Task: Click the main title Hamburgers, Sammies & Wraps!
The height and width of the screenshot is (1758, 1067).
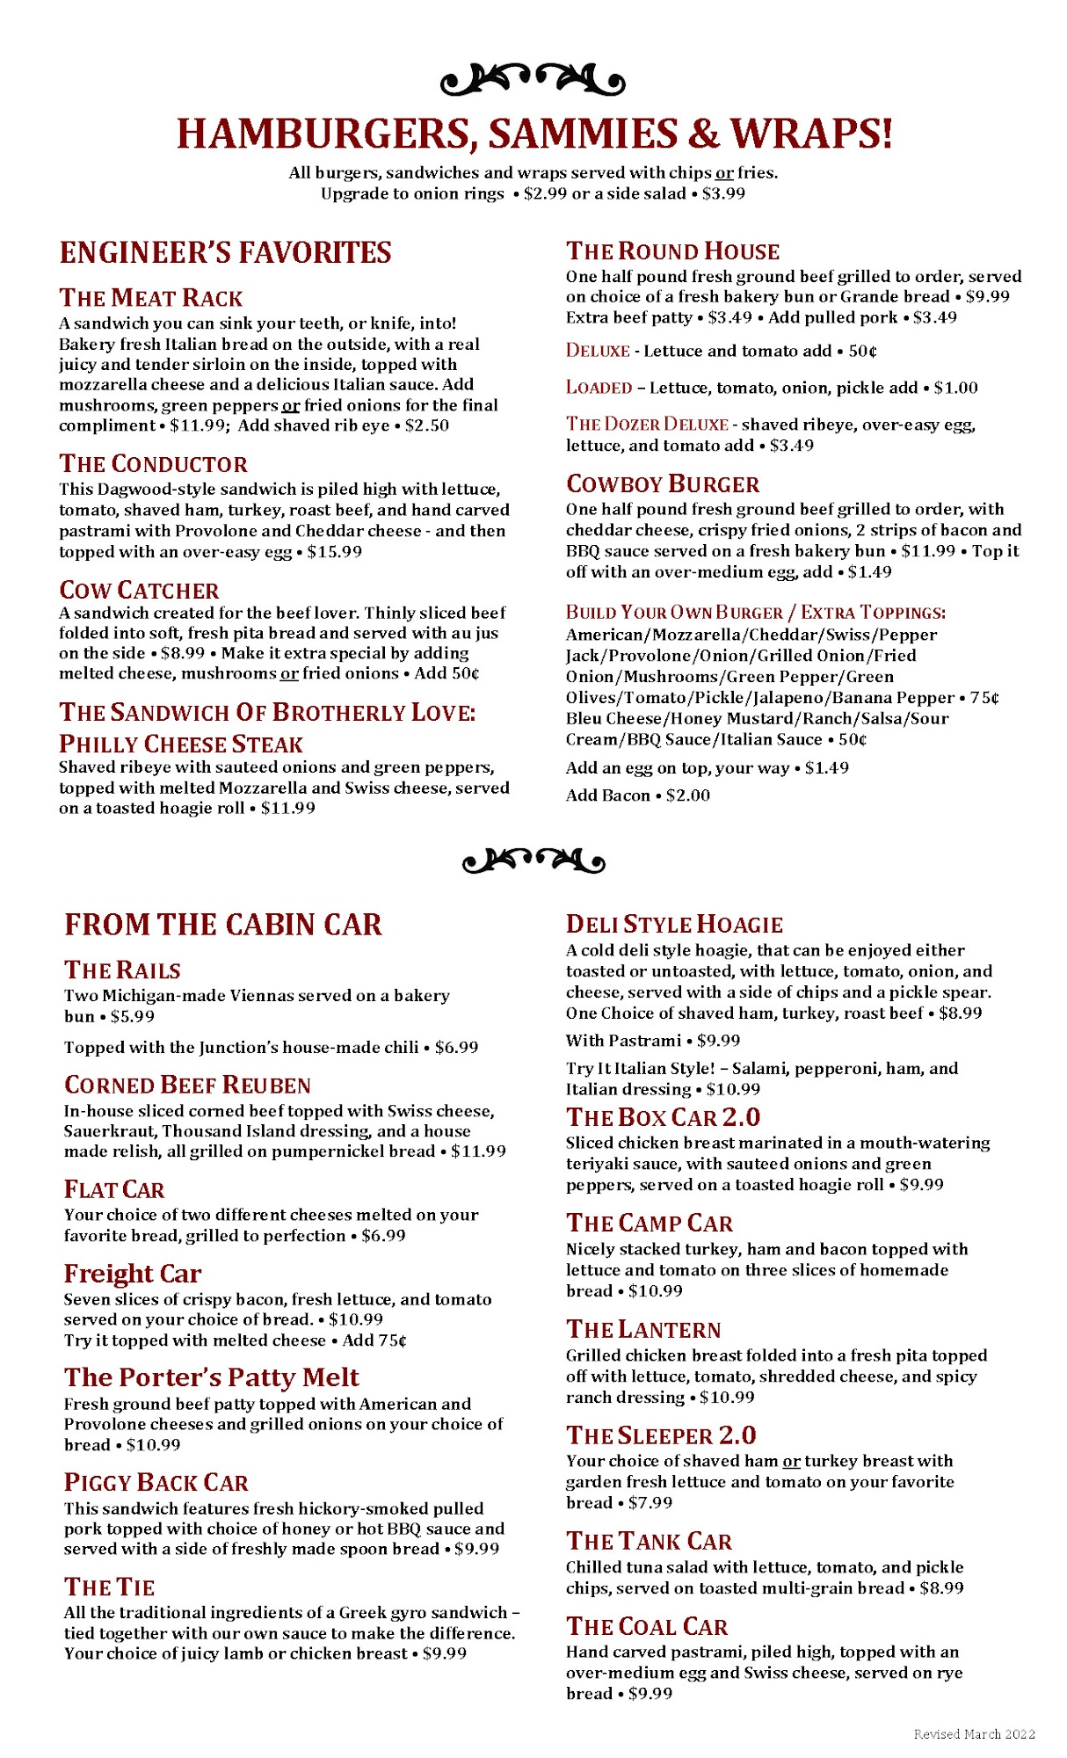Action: point(533,134)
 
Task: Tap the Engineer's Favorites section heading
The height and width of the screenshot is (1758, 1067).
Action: point(225,253)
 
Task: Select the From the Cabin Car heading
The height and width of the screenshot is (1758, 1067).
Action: point(223,925)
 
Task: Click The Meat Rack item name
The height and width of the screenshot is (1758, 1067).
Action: point(150,298)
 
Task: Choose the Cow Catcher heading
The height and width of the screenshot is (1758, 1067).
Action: point(139,591)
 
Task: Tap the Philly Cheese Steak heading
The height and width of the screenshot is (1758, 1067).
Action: point(180,745)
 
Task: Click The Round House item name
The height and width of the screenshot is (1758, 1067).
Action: point(672,251)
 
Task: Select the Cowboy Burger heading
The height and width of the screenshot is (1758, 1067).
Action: point(662,484)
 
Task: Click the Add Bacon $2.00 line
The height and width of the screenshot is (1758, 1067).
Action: point(637,795)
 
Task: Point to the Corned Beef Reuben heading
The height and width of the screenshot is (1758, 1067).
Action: point(187,1086)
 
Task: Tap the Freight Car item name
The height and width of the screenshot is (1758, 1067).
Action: point(132,1274)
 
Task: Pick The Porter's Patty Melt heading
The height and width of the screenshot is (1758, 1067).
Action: point(211,1377)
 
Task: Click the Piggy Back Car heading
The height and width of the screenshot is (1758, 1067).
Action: point(156,1483)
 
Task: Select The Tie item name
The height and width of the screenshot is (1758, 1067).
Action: point(109,1587)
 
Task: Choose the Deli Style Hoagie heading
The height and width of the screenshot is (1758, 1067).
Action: point(673,925)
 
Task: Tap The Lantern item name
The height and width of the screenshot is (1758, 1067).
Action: point(642,1330)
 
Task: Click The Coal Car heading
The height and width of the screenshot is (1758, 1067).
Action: point(646,1627)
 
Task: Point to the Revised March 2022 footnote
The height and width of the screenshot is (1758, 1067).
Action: point(974,1734)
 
